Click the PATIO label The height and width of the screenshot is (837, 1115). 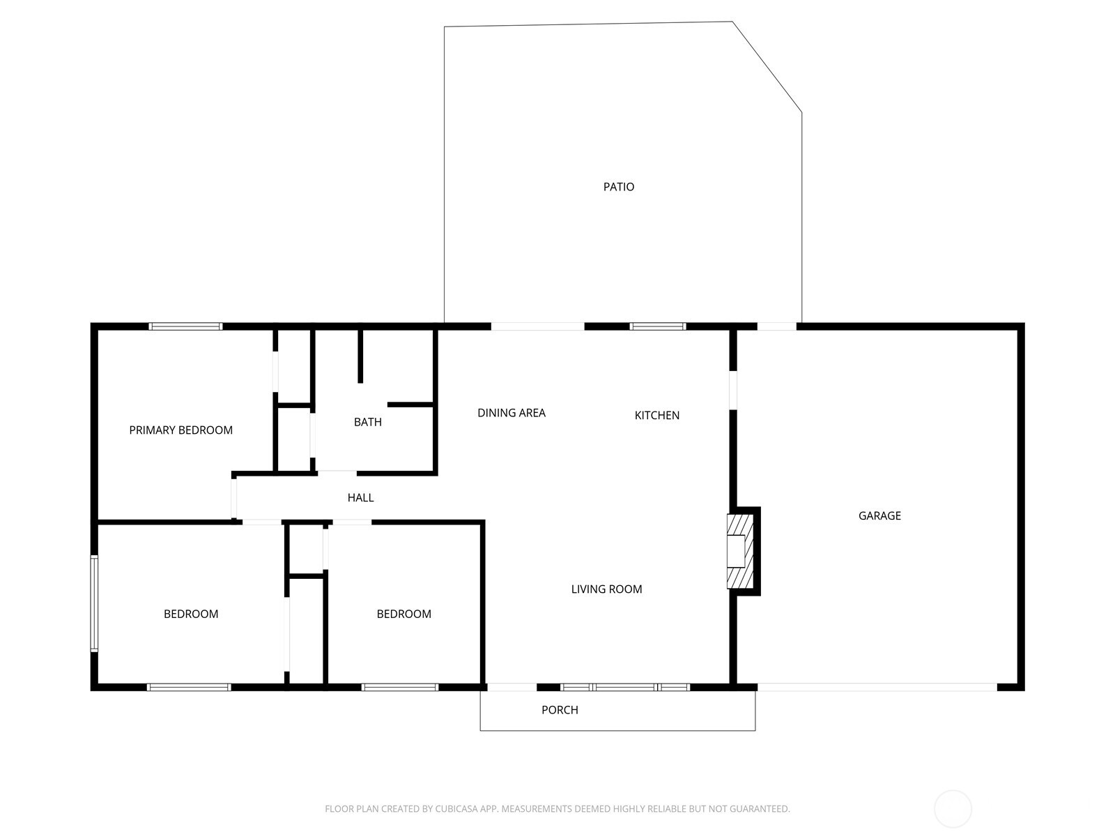pos(618,187)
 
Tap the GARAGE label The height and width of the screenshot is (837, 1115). pos(879,515)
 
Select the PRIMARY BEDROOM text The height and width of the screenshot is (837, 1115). pos(180,430)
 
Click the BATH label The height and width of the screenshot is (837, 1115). pos(367,422)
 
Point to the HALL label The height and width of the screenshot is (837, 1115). pos(360,497)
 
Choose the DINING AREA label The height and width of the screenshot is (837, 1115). pos(511,413)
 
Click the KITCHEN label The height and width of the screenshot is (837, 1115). pos(656,415)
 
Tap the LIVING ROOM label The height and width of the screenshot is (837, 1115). pos(606,589)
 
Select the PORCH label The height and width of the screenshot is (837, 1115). pos(560,710)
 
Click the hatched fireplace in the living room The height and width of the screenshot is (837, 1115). pos(739,551)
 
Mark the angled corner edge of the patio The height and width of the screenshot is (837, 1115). pos(767,66)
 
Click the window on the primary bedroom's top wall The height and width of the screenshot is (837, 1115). pos(185,326)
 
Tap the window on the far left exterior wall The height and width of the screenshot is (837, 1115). pos(94,603)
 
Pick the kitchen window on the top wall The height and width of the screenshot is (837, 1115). pos(657,326)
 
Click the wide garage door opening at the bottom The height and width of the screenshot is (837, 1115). pos(877,688)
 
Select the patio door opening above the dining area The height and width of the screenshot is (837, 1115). pos(537,326)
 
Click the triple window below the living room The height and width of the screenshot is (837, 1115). pos(624,688)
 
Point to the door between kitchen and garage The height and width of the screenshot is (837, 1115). pos(733,390)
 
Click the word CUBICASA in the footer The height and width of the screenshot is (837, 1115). pos(456,809)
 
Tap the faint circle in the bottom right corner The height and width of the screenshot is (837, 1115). pos(953,809)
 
